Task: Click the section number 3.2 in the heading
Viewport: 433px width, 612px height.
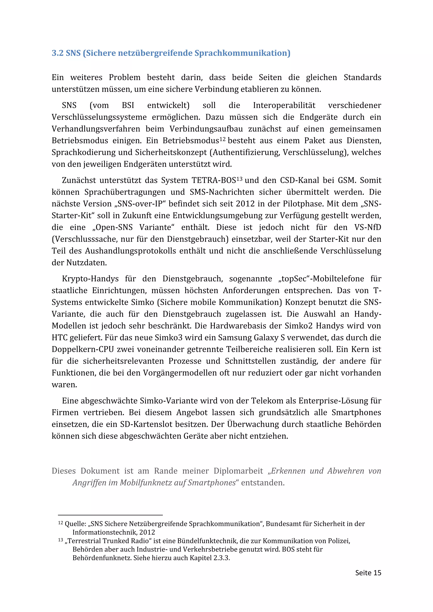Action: point(57,53)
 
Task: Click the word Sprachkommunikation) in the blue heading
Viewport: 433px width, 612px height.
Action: point(242,53)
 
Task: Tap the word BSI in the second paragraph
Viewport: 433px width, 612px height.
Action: point(128,105)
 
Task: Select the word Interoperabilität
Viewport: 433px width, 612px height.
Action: point(284,105)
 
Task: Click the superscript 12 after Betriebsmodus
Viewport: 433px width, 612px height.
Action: point(222,139)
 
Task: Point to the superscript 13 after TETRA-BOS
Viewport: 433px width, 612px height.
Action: point(239,179)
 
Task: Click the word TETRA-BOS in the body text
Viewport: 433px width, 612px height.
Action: point(214,180)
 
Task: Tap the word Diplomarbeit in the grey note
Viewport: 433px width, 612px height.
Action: point(238,471)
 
